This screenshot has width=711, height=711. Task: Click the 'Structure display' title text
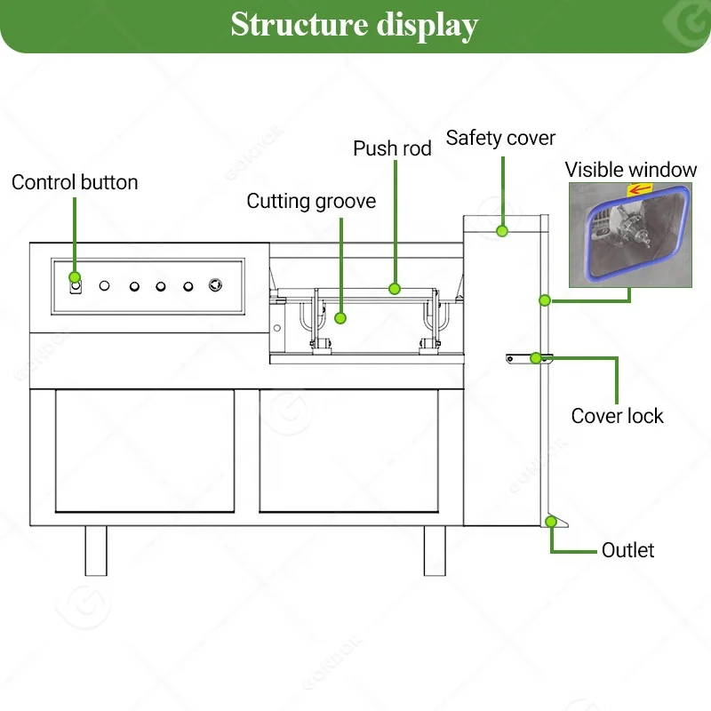coord(354,26)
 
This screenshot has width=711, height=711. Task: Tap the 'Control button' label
coord(75,182)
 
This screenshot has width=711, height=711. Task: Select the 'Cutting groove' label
coord(311,202)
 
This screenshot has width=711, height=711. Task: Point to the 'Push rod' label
coord(392,148)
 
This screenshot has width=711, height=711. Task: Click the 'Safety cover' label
coord(500,138)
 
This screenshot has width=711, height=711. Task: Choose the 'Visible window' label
coord(631,170)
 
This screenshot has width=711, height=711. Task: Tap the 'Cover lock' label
coord(617,416)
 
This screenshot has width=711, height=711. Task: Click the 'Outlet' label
coord(628,550)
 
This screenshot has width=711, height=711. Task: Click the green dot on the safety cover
coord(502,231)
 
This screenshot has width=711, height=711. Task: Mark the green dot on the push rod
coord(395,289)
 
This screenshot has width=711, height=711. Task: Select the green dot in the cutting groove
coord(340,318)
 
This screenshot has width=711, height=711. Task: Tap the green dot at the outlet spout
coord(551,522)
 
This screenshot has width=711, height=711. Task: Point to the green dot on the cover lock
coord(536,358)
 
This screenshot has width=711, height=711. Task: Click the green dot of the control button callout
coord(75,277)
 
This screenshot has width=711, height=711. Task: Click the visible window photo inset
coord(630,235)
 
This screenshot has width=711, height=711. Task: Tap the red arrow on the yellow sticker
coord(641,188)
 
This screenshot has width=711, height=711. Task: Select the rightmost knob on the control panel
coord(215,285)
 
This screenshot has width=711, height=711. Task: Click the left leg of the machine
coord(96,551)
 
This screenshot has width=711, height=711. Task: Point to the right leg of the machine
coord(435,551)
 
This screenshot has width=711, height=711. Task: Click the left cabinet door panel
coord(145,451)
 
